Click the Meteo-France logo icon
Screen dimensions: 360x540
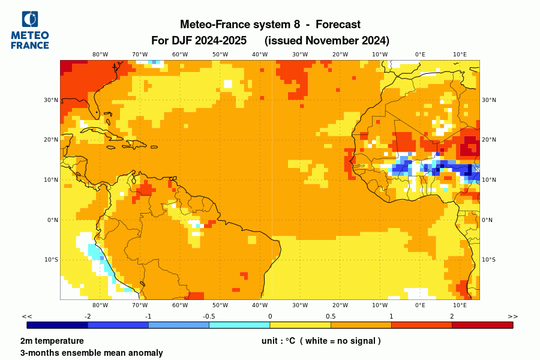click(x=29, y=20)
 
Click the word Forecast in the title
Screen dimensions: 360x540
click(x=338, y=25)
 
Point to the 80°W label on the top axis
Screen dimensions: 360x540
click(x=100, y=54)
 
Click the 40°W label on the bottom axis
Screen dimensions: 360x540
click(x=260, y=305)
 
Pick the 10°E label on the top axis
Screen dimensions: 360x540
click(x=460, y=54)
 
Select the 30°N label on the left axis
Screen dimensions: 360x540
click(x=52, y=100)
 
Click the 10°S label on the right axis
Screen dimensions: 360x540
click(x=488, y=260)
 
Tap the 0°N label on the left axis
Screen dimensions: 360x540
click(x=53, y=220)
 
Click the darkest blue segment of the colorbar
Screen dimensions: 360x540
click(x=58, y=325)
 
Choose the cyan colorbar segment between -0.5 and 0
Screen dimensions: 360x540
click(x=239, y=325)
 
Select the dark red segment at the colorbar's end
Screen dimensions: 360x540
click(x=482, y=325)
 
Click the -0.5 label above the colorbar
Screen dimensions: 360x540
click(x=209, y=316)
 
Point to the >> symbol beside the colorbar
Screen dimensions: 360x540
click(x=512, y=316)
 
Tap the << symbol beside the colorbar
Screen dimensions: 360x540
click(x=27, y=316)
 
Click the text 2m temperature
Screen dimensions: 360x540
click(x=52, y=341)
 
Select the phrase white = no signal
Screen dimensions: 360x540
click(x=340, y=341)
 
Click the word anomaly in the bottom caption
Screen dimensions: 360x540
click(x=143, y=353)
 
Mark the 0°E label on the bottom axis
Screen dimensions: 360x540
click(x=420, y=305)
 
